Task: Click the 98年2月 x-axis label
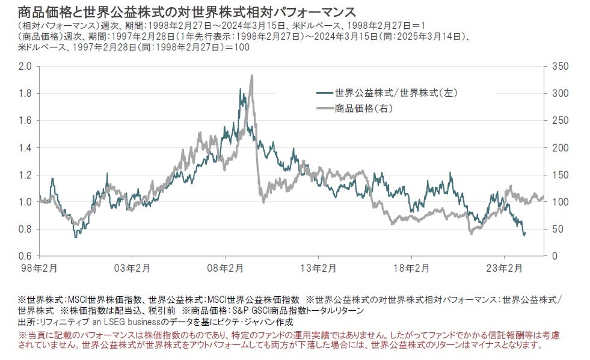click(39, 267)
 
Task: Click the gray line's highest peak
click(251, 75)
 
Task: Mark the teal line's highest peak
click(240, 90)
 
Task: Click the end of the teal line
click(524, 234)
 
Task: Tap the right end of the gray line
click(543, 197)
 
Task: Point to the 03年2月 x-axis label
click(132, 267)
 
